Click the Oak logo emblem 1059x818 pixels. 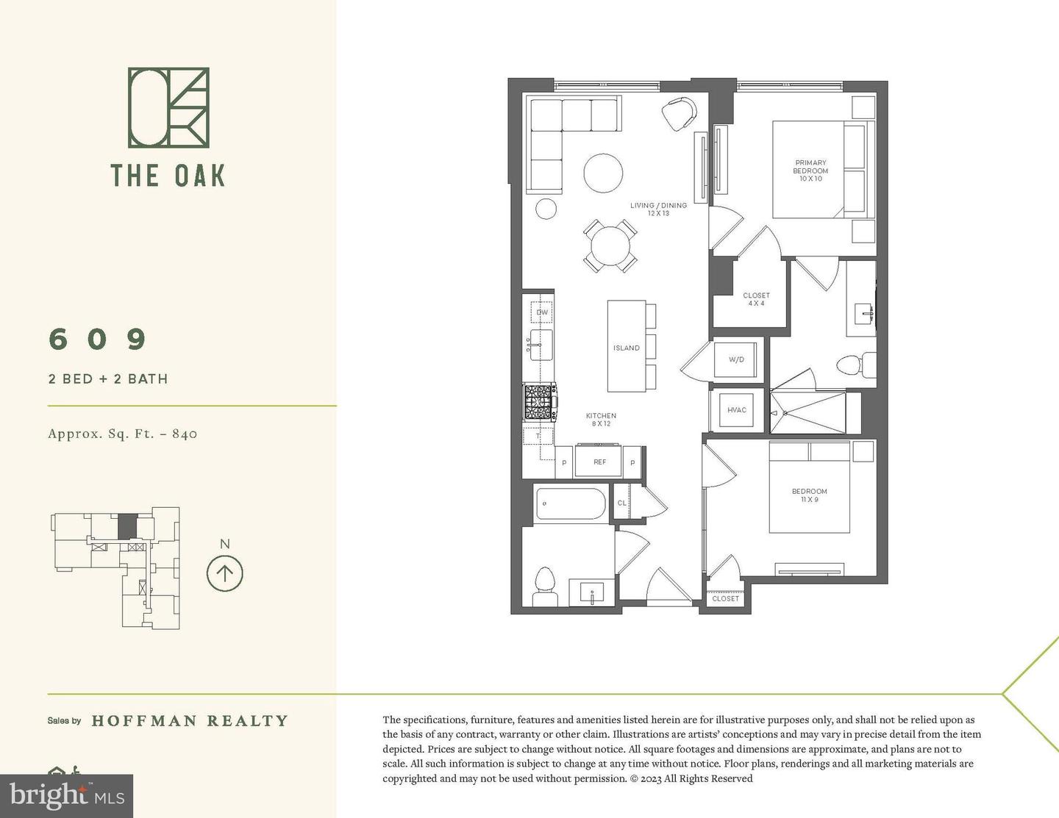[168, 107]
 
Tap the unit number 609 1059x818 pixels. [98, 339]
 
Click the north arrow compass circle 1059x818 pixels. [224, 573]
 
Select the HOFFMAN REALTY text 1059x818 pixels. [190, 721]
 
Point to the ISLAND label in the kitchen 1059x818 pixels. [627, 348]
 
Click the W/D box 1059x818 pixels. [736, 359]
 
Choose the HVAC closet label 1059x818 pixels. [736, 410]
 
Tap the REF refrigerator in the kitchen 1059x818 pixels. [600, 462]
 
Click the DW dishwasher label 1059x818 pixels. [542, 312]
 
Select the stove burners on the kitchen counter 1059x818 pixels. [539, 401]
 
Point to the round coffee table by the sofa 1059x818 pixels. [603, 173]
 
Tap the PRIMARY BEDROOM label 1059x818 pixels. [810, 171]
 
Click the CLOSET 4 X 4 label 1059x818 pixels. [756, 299]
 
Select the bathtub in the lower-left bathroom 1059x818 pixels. [570, 503]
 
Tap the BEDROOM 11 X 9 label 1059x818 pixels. [809, 495]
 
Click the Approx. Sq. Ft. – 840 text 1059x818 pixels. [123, 434]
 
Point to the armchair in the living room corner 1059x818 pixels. [679, 113]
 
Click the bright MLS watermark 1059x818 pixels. [66, 796]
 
